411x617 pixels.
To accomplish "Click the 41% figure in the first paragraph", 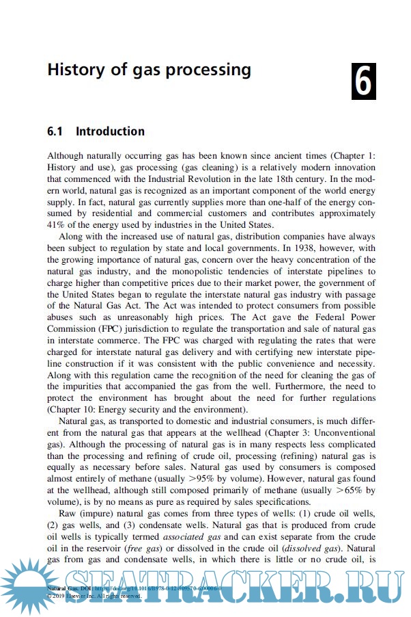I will pyautogui.click(x=57, y=225).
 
